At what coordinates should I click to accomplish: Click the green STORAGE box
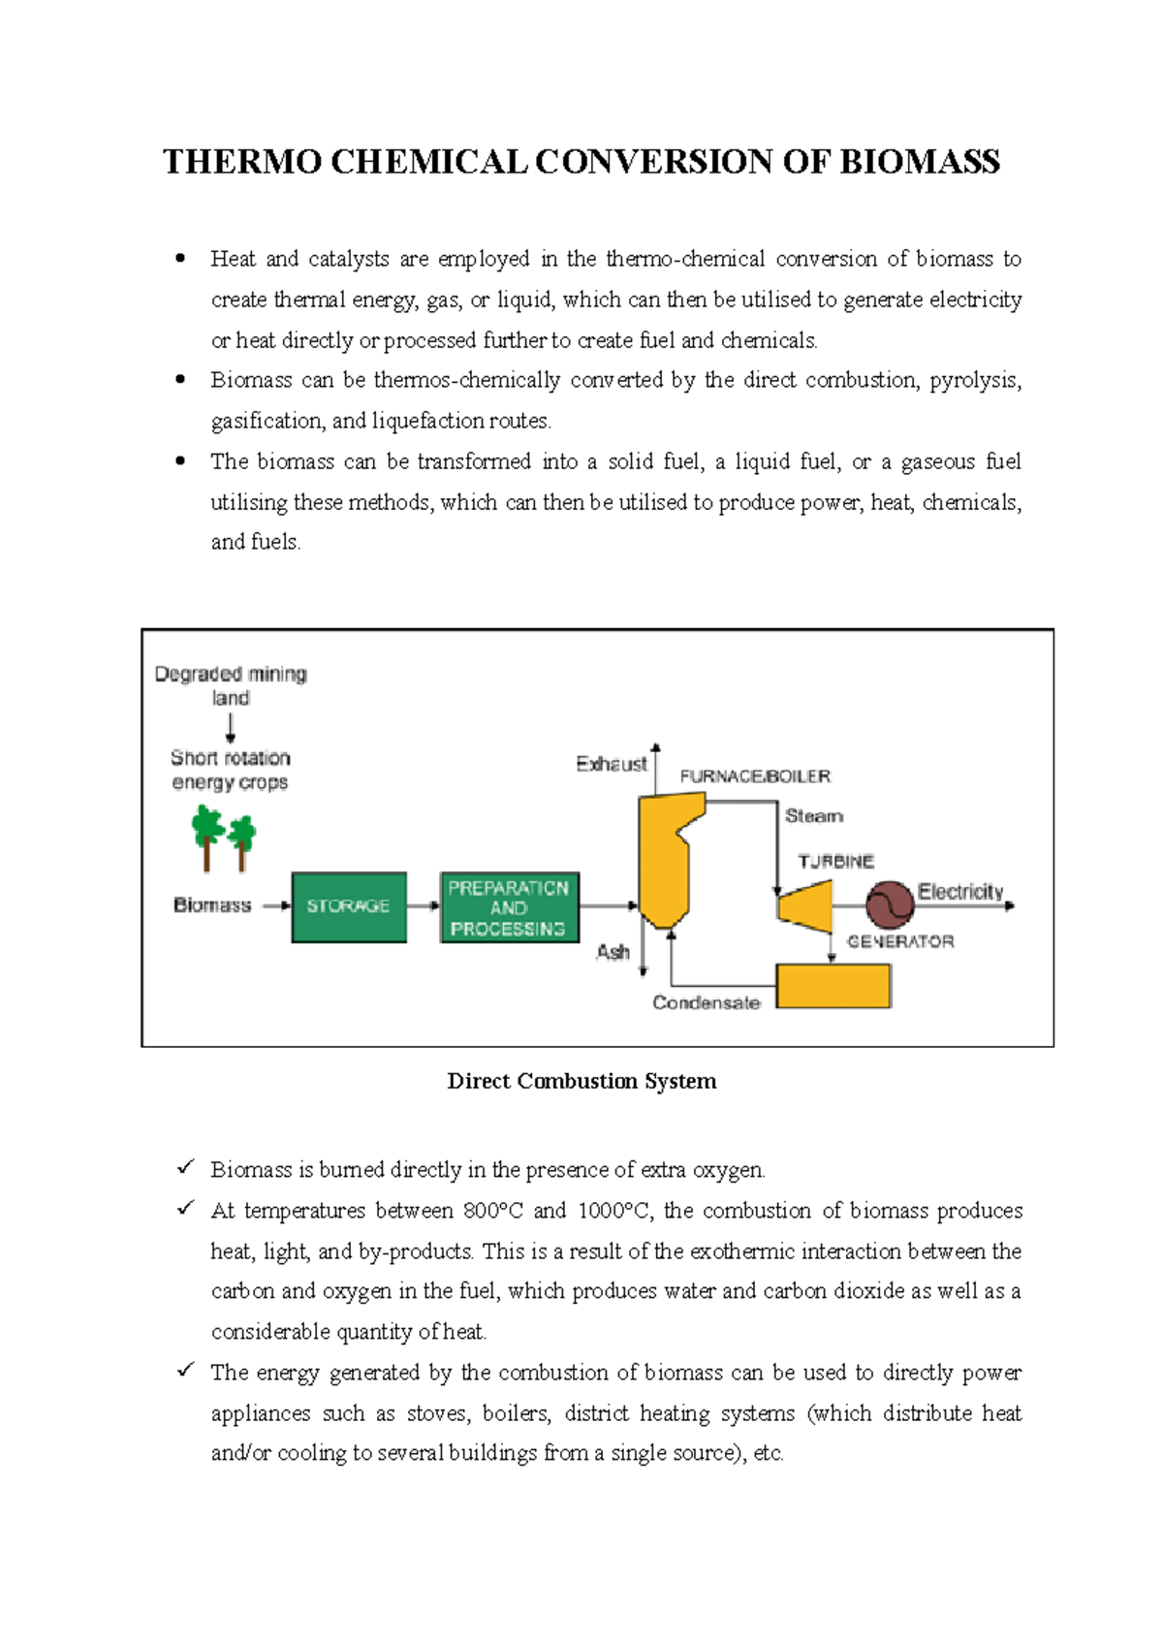(349, 906)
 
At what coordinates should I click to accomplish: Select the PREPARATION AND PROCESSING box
(509, 907)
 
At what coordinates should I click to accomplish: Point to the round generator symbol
(890, 905)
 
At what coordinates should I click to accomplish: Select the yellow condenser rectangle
(833, 986)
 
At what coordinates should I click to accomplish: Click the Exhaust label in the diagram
(611, 764)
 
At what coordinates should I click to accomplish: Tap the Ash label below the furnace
(613, 952)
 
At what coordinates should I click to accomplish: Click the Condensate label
(706, 1002)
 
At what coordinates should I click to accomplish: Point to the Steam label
(813, 816)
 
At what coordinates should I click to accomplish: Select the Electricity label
(960, 891)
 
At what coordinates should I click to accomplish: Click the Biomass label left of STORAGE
(212, 904)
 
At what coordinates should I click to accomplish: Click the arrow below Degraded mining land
(231, 728)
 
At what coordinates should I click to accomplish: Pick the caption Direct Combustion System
(581, 1081)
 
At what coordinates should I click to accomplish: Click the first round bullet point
(180, 259)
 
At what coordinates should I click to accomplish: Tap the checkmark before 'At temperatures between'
(185, 1209)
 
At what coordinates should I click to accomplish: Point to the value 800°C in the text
(492, 1211)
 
